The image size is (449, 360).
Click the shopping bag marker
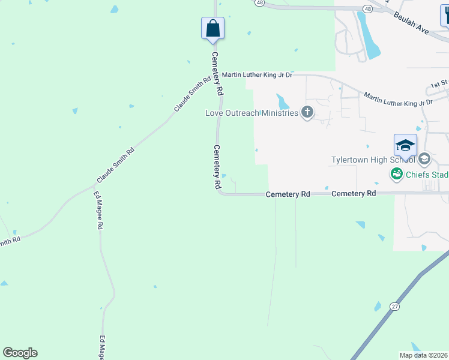pyautogui.click(x=212, y=28)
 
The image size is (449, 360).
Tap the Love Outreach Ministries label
pyautogui.click(x=252, y=113)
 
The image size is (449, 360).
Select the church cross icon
pyautogui.click(x=307, y=112)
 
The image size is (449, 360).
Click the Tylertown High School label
pyautogui.click(x=373, y=160)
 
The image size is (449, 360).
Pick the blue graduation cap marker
pyautogui.click(x=405, y=146)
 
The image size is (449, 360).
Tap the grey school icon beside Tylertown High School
pyautogui.click(x=424, y=159)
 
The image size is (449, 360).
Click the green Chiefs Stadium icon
pyautogui.click(x=396, y=175)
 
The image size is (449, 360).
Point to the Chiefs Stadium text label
pyautogui.click(x=427, y=175)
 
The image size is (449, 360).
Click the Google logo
pyautogui.click(x=20, y=353)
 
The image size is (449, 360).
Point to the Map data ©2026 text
pyautogui.click(x=423, y=355)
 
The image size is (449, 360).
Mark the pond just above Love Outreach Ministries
pyautogui.click(x=282, y=101)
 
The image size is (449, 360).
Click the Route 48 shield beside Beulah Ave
pyautogui.click(x=367, y=9)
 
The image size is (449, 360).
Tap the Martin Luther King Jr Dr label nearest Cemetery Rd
pyautogui.click(x=257, y=75)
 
